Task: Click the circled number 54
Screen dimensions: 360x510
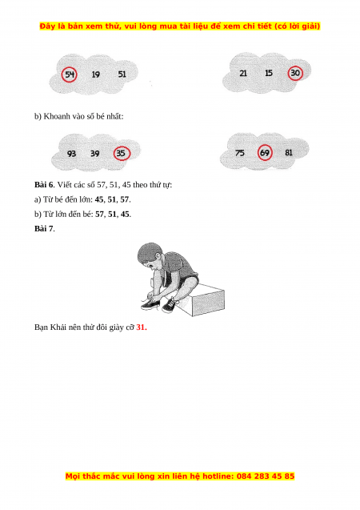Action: pos(70,74)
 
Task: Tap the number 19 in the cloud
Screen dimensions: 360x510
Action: pos(95,74)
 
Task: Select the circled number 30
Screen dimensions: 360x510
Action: pos(295,73)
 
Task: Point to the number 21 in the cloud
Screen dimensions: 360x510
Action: pos(243,73)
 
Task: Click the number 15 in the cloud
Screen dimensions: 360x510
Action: pos(269,73)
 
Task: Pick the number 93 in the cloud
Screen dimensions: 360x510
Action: pos(71,154)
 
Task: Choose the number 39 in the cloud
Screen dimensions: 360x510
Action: pos(95,153)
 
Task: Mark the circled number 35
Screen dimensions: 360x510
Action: pos(122,153)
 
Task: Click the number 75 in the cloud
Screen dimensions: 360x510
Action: pos(240,153)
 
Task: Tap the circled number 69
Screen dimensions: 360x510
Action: pos(265,153)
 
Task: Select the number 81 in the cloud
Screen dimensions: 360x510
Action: pos(289,153)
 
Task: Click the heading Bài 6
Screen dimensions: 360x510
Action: pos(44,185)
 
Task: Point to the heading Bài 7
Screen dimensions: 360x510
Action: pos(44,229)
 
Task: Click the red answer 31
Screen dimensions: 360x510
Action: pos(142,327)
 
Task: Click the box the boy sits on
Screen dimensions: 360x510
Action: pos(207,299)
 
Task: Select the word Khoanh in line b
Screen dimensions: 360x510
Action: pos(54,116)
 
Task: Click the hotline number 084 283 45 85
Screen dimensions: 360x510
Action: pos(266,476)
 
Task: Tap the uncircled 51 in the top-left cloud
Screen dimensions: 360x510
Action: pos(122,74)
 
